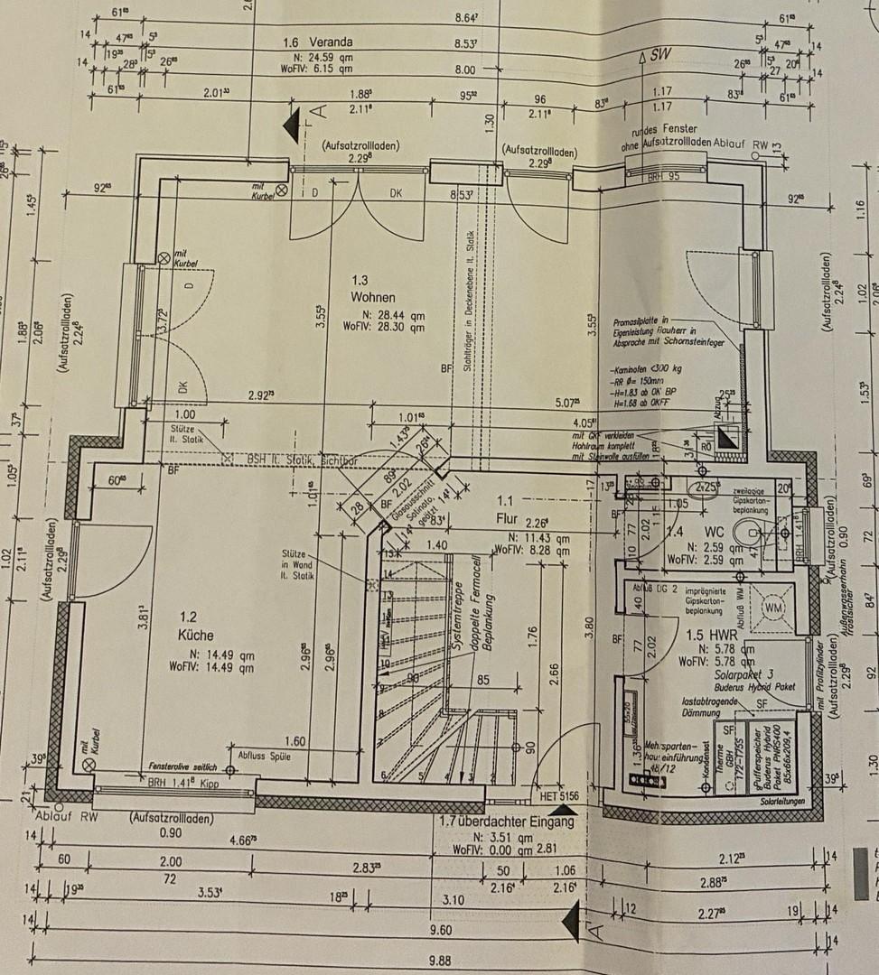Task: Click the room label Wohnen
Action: click(374, 297)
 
